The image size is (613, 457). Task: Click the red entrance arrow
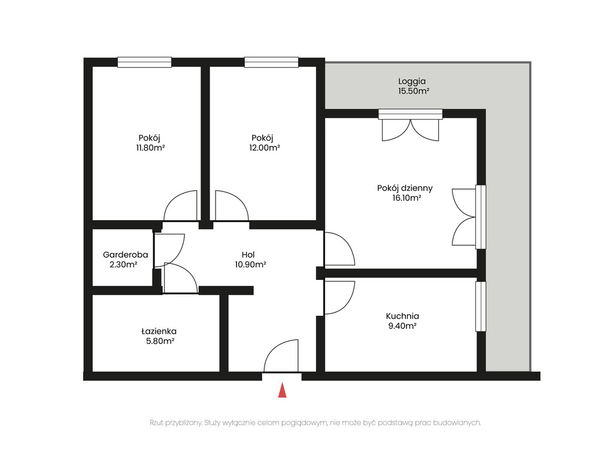pyautogui.click(x=283, y=390)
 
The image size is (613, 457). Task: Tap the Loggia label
pyautogui.click(x=412, y=81)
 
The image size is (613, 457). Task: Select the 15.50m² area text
pyautogui.click(x=414, y=91)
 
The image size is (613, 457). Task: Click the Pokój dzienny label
pyautogui.click(x=405, y=188)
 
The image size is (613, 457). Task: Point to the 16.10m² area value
pyautogui.click(x=406, y=197)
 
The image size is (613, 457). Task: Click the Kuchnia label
pyautogui.click(x=402, y=316)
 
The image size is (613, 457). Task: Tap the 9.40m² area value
pyautogui.click(x=402, y=326)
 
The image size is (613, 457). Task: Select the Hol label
pyautogui.click(x=248, y=255)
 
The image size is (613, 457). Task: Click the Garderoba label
pyautogui.click(x=126, y=255)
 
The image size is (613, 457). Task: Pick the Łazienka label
pyautogui.click(x=159, y=331)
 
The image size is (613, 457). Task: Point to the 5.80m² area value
pyautogui.click(x=160, y=341)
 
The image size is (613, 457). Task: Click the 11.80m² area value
pyautogui.click(x=150, y=148)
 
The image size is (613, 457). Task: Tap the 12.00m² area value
pyautogui.click(x=264, y=148)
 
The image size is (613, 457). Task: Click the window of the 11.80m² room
pyautogui.click(x=145, y=62)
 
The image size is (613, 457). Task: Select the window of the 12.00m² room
pyautogui.click(x=272, y=62)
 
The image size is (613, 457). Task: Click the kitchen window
pyautogui.click(x=481, y=307)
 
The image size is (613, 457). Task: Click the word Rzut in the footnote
pyautogui.click(x=157, y=423)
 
